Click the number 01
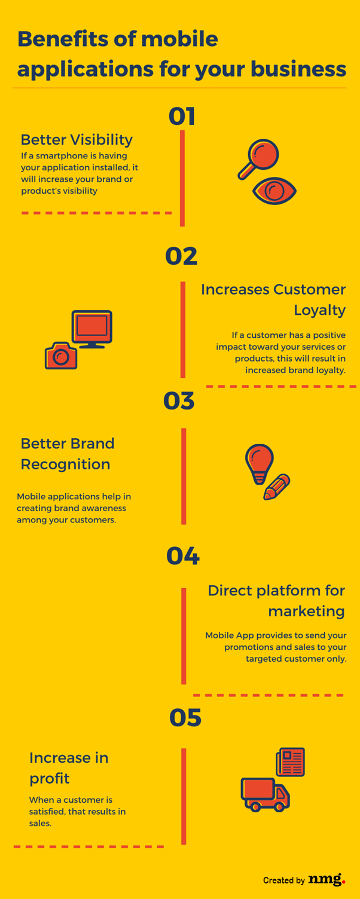[182, 116]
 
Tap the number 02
[181, 256]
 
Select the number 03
[179, 401]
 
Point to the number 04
[182, 556]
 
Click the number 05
[185, 717]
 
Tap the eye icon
[274, 191]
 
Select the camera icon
[61, 356]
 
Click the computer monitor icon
[91, 329]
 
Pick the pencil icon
[277, 487]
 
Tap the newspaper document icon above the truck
[291, 762]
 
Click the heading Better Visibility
[77, 140]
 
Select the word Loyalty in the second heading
[319, 310]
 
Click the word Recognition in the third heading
[65, 464]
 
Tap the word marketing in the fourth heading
[306, 611]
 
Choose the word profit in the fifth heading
[50, 778]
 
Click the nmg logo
[327, 879]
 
